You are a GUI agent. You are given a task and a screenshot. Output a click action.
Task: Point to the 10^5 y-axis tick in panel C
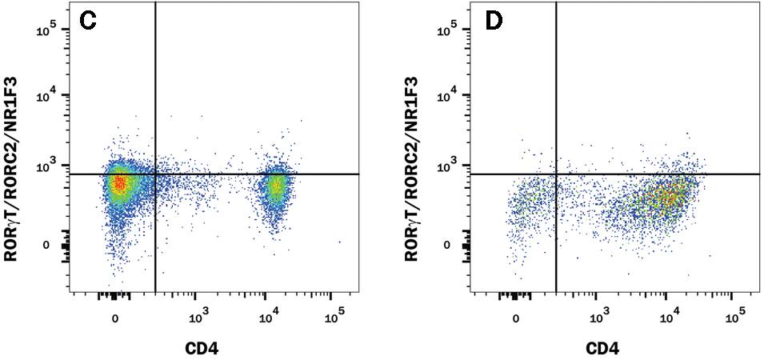47,30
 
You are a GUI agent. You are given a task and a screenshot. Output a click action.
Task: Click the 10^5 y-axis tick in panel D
448,30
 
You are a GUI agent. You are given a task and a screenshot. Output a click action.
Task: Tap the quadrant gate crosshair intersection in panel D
556,174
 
